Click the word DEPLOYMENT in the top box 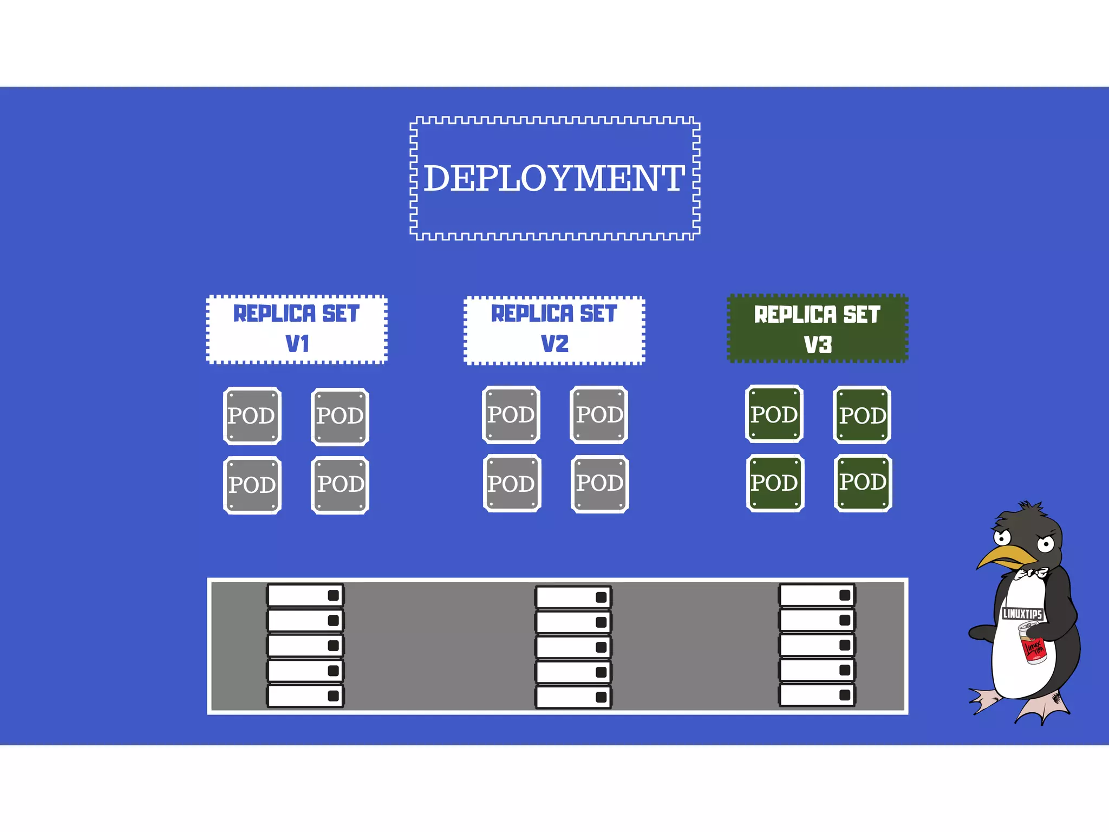click(x=554, y=178)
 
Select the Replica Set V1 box click(x=297, y=329)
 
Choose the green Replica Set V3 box click(x=817, y=328)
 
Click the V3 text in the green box click(x=817, y=344)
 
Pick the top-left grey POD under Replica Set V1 click(x=252, y=416)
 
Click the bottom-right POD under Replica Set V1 click(x=340, y=485)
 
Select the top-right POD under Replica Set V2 click(x=599, y=415)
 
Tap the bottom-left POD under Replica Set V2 click(x=512, y=484)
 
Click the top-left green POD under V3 click(x=774, y=414)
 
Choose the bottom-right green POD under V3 click(x=863, y=483)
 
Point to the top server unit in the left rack click(x=305, y=595)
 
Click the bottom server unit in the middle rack click(x=573, y=697)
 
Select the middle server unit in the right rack click(x=817, y=645)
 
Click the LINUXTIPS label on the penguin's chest click(x=1022, y=614)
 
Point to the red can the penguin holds click(x=1033, y=647)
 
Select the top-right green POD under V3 click(x=862, y=415)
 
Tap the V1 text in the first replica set click(x=297, y=344)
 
